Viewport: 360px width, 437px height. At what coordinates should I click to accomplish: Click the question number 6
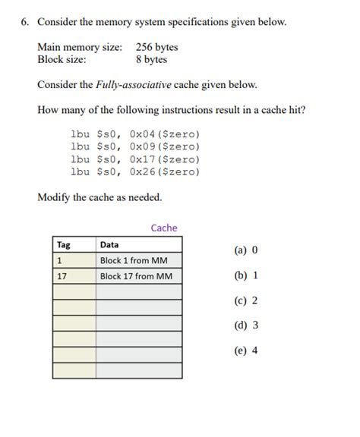[x=24, y=22]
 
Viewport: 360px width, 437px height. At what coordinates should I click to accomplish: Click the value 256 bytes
[x=157, y=47]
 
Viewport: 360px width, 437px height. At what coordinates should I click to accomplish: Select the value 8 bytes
[x=151, y=59]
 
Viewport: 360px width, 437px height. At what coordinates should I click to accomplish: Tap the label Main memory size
[x=79, y=47]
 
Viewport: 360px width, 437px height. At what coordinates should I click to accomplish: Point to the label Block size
[x=62, y=59]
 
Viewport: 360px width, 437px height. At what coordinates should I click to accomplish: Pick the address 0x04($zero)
[x=165, y=133]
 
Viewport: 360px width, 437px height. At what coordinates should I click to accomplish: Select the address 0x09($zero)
[x=165, y=146]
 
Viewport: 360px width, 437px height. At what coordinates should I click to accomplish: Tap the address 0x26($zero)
[x=165, y=171]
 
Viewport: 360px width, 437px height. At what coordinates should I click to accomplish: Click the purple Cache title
[x=164, y=227]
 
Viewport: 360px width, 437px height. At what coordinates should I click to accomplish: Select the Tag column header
[x=64, y=244]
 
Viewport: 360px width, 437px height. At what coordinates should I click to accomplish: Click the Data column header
[x=109, y=244]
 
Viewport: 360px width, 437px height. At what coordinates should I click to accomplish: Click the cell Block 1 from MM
[x=134, y=260]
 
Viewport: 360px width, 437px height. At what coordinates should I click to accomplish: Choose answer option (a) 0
[x=246, y=250]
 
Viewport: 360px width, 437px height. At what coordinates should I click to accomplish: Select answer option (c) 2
[x=246, y=300]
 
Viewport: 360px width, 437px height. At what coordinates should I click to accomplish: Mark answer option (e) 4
[x=246, y=351]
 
